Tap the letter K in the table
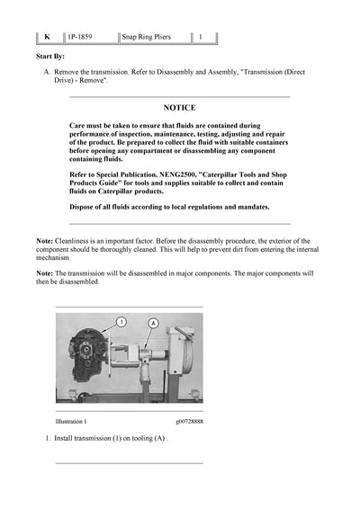(x=46, y=38)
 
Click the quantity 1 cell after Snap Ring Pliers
(x=201, y=38)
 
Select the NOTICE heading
(x=179, y=107)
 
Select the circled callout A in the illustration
(x=153, y=322)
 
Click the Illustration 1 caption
(x=71, y=421)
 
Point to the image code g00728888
(x=189, y=421)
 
